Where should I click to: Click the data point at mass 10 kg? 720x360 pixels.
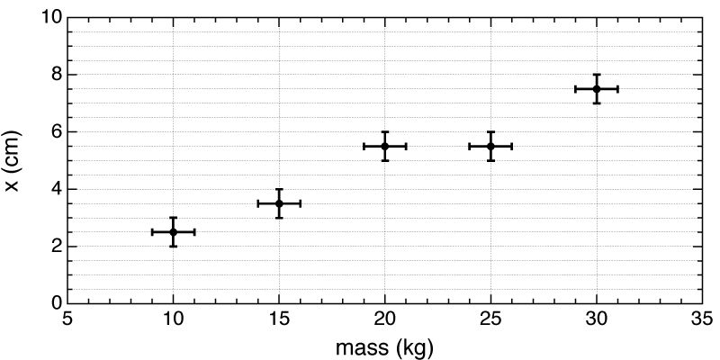click(x=173, y=232)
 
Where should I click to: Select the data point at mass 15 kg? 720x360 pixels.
click(x=279, y=203)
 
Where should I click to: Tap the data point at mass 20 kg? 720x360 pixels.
click(x=384, y=146)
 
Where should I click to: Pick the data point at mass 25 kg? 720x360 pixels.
click(x=490, y=146)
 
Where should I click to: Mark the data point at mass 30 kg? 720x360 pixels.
click(x=596, y=88)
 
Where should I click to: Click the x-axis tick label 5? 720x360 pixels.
click(x=67, y=319)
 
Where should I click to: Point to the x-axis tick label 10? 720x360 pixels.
click(x=173, y=319)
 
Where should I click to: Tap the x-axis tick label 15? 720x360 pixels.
click(x=279, y=319)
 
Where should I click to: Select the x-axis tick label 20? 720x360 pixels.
click(x=384, y=319)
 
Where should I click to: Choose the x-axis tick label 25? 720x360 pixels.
click(x=490, y=319)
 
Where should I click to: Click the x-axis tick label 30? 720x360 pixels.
click(x=596, y=319)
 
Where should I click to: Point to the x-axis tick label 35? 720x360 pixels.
click(x=702, y=319)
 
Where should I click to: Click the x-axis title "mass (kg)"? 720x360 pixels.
click(x=384, y=345)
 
